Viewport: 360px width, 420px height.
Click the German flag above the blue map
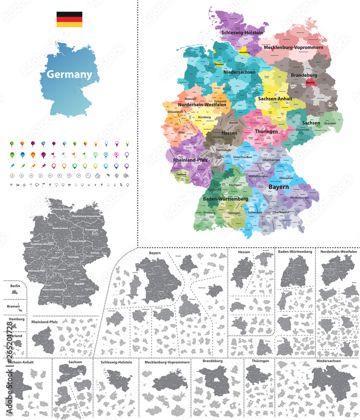point(69,19)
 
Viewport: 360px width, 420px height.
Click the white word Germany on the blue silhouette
point(69,75)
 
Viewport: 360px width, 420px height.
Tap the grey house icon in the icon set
point(97,176)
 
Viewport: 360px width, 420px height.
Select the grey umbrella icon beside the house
point(107,176)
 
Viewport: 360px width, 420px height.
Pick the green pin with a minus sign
point(96,155)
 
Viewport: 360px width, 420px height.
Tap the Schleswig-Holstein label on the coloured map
point(242,32)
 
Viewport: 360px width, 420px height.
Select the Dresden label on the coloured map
point(330,123)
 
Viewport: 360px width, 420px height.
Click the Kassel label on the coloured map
point(234,122)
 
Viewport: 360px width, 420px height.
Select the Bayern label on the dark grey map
point(79,284)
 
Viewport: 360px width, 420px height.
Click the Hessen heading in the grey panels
point(244,252)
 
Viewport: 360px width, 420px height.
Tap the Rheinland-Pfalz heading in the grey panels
point(44,322)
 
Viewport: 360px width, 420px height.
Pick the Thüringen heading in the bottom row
point(258,361)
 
